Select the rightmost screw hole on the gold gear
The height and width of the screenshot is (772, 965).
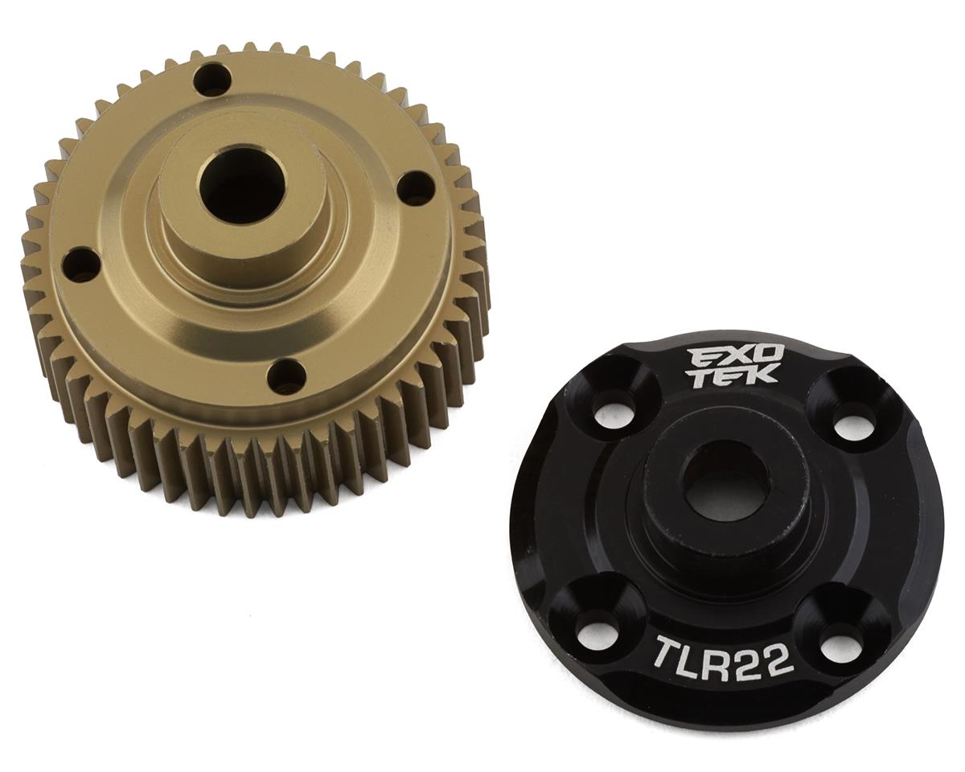[x=416, y=187]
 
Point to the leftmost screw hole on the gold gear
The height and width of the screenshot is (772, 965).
[x=81, y=265]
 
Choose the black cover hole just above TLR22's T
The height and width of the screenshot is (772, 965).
[x=597, y=632]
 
